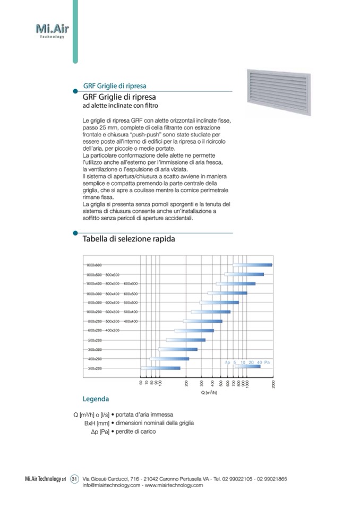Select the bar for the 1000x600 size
(252, 265)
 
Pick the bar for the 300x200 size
(160, 368)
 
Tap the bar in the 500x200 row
(186, 340)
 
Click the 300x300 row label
(95, 349)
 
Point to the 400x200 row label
(95, 359)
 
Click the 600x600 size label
(131, 284)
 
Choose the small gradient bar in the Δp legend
(247, 366)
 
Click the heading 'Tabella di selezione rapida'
(128, 239)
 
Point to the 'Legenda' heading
(96, 399)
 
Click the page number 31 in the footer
(74, 479)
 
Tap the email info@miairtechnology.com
(112, 485)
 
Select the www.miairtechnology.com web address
(174, 485)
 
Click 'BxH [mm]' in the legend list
(96, 423)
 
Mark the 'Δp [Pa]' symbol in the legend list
(100, 432)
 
